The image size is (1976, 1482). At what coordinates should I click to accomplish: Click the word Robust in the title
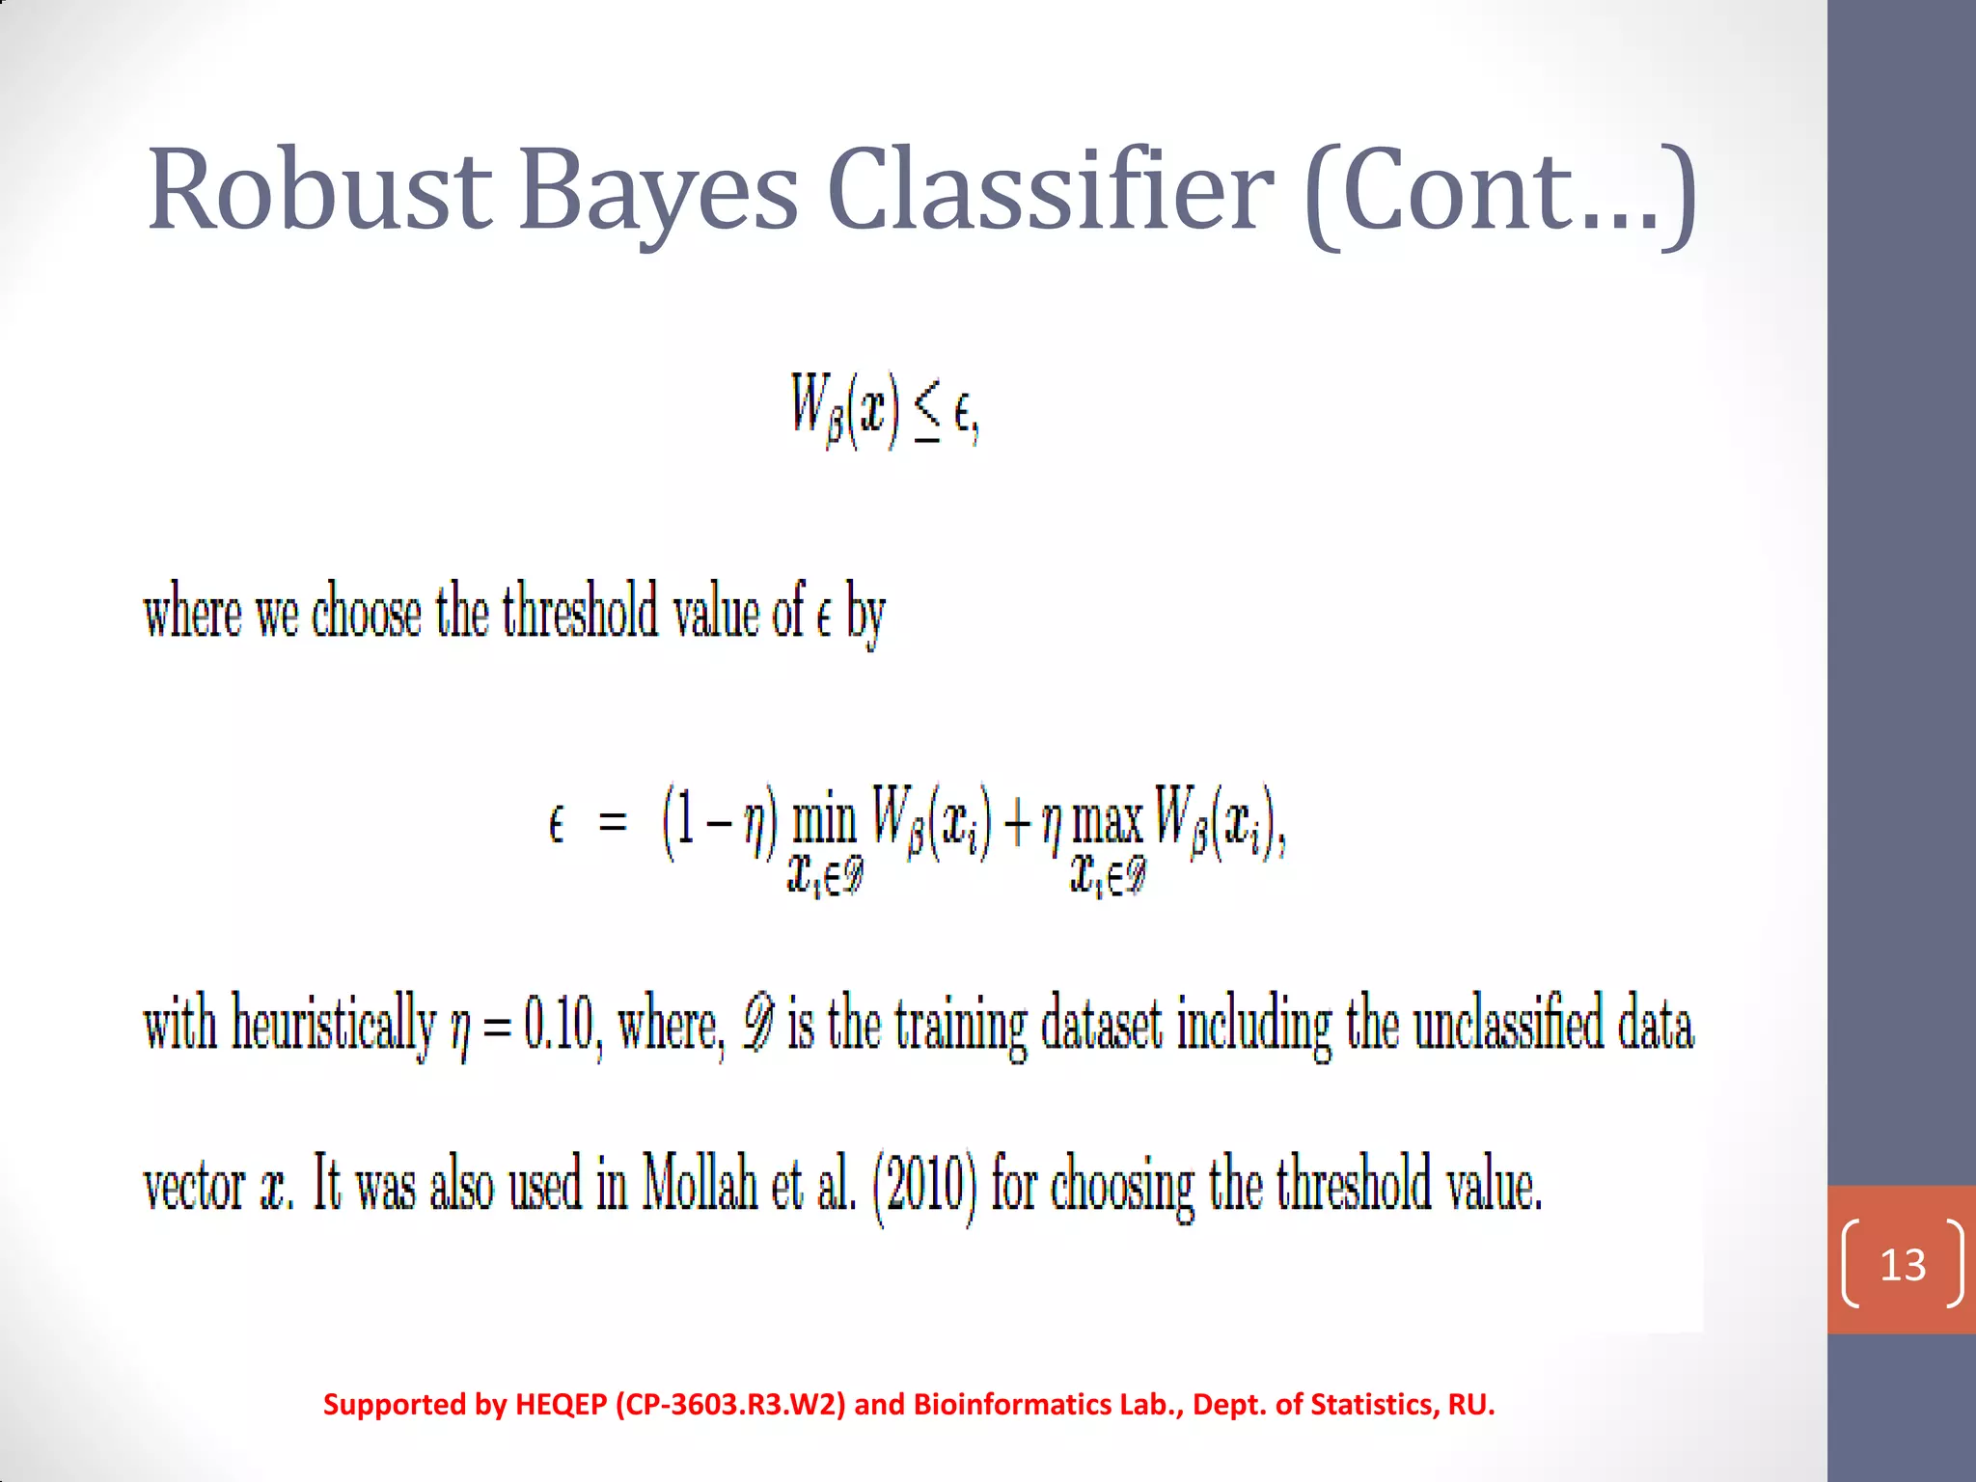(319, 189)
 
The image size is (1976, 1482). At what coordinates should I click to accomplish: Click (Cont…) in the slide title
(1499, 189)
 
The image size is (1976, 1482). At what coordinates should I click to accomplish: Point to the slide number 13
(1903, 1265)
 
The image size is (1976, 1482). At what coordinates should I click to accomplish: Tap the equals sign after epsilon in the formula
(613, 824)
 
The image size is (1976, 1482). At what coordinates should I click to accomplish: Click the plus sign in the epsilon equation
(1017, 826)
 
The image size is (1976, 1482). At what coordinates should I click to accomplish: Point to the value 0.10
(558, 1025)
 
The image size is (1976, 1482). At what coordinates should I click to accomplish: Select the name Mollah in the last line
(700, 1184)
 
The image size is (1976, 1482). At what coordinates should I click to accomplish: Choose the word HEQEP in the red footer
(561, 1405)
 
